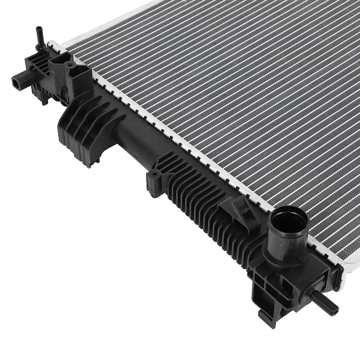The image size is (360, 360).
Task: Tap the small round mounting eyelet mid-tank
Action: [x=154, y=174]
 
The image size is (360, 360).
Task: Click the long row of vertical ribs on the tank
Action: [x=202, y=202]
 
